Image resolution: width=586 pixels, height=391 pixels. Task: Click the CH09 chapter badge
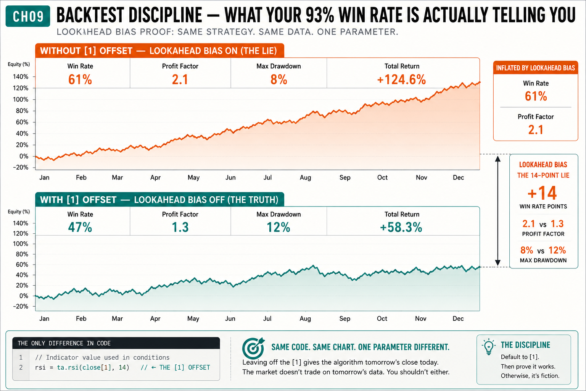click(x=28, y=16)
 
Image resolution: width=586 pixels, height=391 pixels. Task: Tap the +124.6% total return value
click(x=402, y=80)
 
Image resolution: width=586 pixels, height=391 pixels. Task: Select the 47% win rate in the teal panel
click(x=80, y=227)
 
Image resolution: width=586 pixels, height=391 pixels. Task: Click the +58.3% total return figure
click(x=401, y=227)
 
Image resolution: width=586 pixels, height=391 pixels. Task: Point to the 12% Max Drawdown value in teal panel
click(x=279, y=227)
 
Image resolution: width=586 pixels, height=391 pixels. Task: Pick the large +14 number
click(x=542, y=193)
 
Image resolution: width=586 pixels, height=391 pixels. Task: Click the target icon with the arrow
click(x=253, y=348)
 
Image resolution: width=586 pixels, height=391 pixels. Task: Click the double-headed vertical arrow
click(x=497, y=211)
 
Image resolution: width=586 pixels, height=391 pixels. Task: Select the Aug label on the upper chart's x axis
click(x=305, y=178)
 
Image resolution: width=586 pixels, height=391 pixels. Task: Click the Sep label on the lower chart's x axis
click(x=345, y=319)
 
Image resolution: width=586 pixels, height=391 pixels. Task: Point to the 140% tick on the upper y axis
click(x=20, y=77)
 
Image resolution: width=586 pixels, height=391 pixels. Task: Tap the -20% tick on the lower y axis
click(x=20, y=306)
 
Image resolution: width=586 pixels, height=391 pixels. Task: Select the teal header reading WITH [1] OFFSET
click(x=159, y=200)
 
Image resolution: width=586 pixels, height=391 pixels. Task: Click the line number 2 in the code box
click(x=21, y=367)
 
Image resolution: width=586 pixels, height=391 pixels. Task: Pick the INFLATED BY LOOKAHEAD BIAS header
click(x=536, y=68)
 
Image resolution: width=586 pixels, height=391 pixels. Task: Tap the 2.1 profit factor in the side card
click(x=536, y=130)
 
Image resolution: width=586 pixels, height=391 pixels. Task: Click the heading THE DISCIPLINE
click(x=525, y=345)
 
